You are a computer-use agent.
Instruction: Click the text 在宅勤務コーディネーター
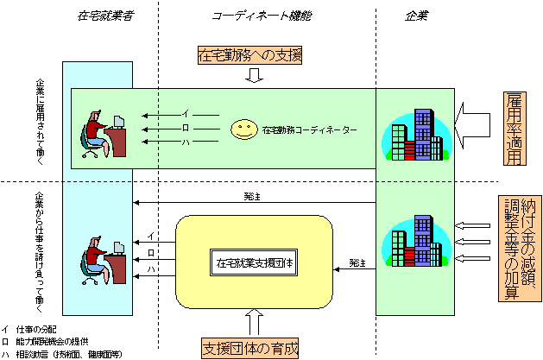(306, 130)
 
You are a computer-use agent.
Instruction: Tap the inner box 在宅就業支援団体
(254, 261)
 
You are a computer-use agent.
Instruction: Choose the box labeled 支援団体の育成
(250, 350)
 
